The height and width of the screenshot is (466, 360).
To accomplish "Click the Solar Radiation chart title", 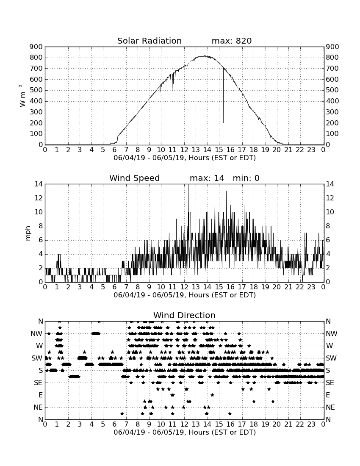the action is (x=150, y=41).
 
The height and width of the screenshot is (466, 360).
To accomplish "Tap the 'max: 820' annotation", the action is (x=232, y=41).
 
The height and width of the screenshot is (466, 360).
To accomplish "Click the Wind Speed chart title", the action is (x=135, y=178).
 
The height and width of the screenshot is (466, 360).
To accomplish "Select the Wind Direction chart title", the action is (x=185, y=315).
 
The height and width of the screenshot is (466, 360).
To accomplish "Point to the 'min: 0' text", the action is (x=246, y=178).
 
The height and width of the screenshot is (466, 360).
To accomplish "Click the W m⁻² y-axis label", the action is (x=22, y=96).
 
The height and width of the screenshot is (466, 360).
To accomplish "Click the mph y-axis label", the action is (x=28, y=233).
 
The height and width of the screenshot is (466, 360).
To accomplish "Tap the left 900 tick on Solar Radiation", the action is (x=36, y=47).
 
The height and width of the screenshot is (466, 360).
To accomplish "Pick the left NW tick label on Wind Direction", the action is (x=37, y=334).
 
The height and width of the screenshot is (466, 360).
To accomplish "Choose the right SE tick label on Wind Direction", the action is (x=330, y=383).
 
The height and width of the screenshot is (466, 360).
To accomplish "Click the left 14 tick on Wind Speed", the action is (x=39, y=184).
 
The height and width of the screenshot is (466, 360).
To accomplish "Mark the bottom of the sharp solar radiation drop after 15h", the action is (x=223, y=123).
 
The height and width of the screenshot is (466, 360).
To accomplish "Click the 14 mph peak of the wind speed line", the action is (x=188, y=185).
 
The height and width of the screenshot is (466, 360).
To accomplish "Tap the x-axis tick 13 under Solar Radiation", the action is (x=195, y=150).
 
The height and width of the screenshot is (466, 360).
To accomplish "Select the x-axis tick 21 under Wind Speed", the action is (x=288, y=287).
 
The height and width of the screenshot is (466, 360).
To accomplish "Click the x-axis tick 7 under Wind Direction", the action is (x=126, y=424).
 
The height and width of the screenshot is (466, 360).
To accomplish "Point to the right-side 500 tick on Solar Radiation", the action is (x=332, y=90).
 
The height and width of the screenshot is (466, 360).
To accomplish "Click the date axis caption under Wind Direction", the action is (x=185, y=432).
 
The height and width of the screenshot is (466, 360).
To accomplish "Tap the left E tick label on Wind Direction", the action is (x=41, y=395).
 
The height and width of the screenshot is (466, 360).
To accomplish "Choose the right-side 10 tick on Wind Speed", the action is (x=330, y=212).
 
